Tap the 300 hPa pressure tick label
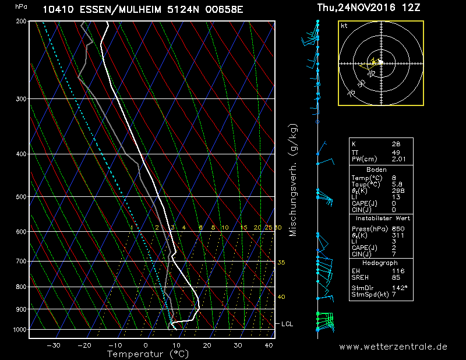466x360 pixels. pyautogui.click(x=21, y=99)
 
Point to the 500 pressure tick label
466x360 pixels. pyautogui.click(x=21, y=197)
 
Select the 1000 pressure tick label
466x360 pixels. pyautogui.click(x=20, y=330)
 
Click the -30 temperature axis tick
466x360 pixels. pyautogui.click(x=54, y=345)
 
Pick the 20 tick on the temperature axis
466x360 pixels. pyautogui.click(x=207, y=345)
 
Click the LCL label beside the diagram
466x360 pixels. pyautogui.click(x=287, y=323)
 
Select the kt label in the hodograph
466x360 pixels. pyautogui.click(x=344, y=26)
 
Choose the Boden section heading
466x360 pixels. pyautogui.click(x=382, y=168)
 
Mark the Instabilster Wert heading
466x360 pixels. pyautogui.click(x=382, y=218)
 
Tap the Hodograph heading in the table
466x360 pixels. pyautogui.click(x=382, y=263)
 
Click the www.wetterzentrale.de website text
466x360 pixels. pyautogui.click(x=393, y=347)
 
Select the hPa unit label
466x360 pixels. pyautogui.click(x=21, y=6)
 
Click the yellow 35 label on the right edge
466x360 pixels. pyautogui.click(x=281, y=263)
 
